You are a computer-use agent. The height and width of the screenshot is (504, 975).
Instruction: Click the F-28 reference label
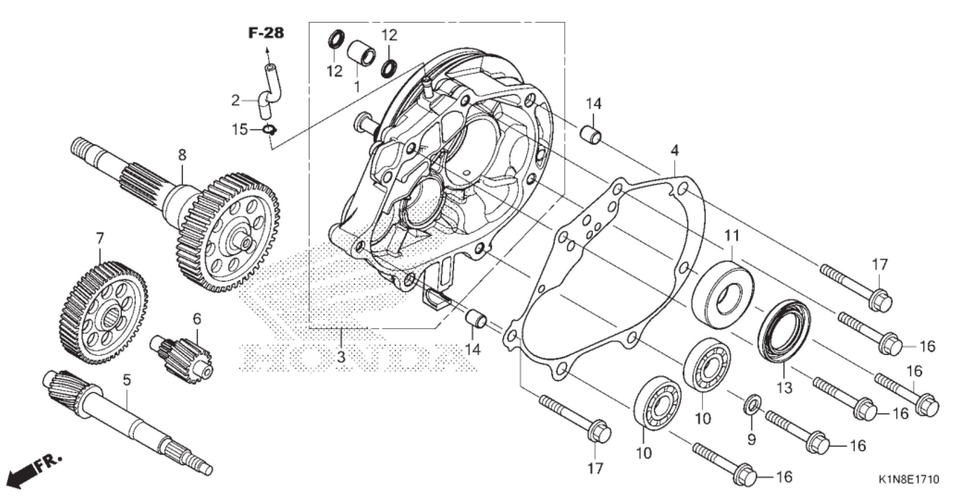pyautogui.click(x=266, y=33)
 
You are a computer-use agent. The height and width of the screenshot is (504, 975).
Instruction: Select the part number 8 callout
pyautogui.click(x=182, y=155)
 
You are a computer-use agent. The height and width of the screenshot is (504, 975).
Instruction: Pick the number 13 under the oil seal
pyautogui.click(x=785, y=388)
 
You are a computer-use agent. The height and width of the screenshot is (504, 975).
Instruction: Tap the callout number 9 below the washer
pyautogui.click(x=751, y=440)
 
